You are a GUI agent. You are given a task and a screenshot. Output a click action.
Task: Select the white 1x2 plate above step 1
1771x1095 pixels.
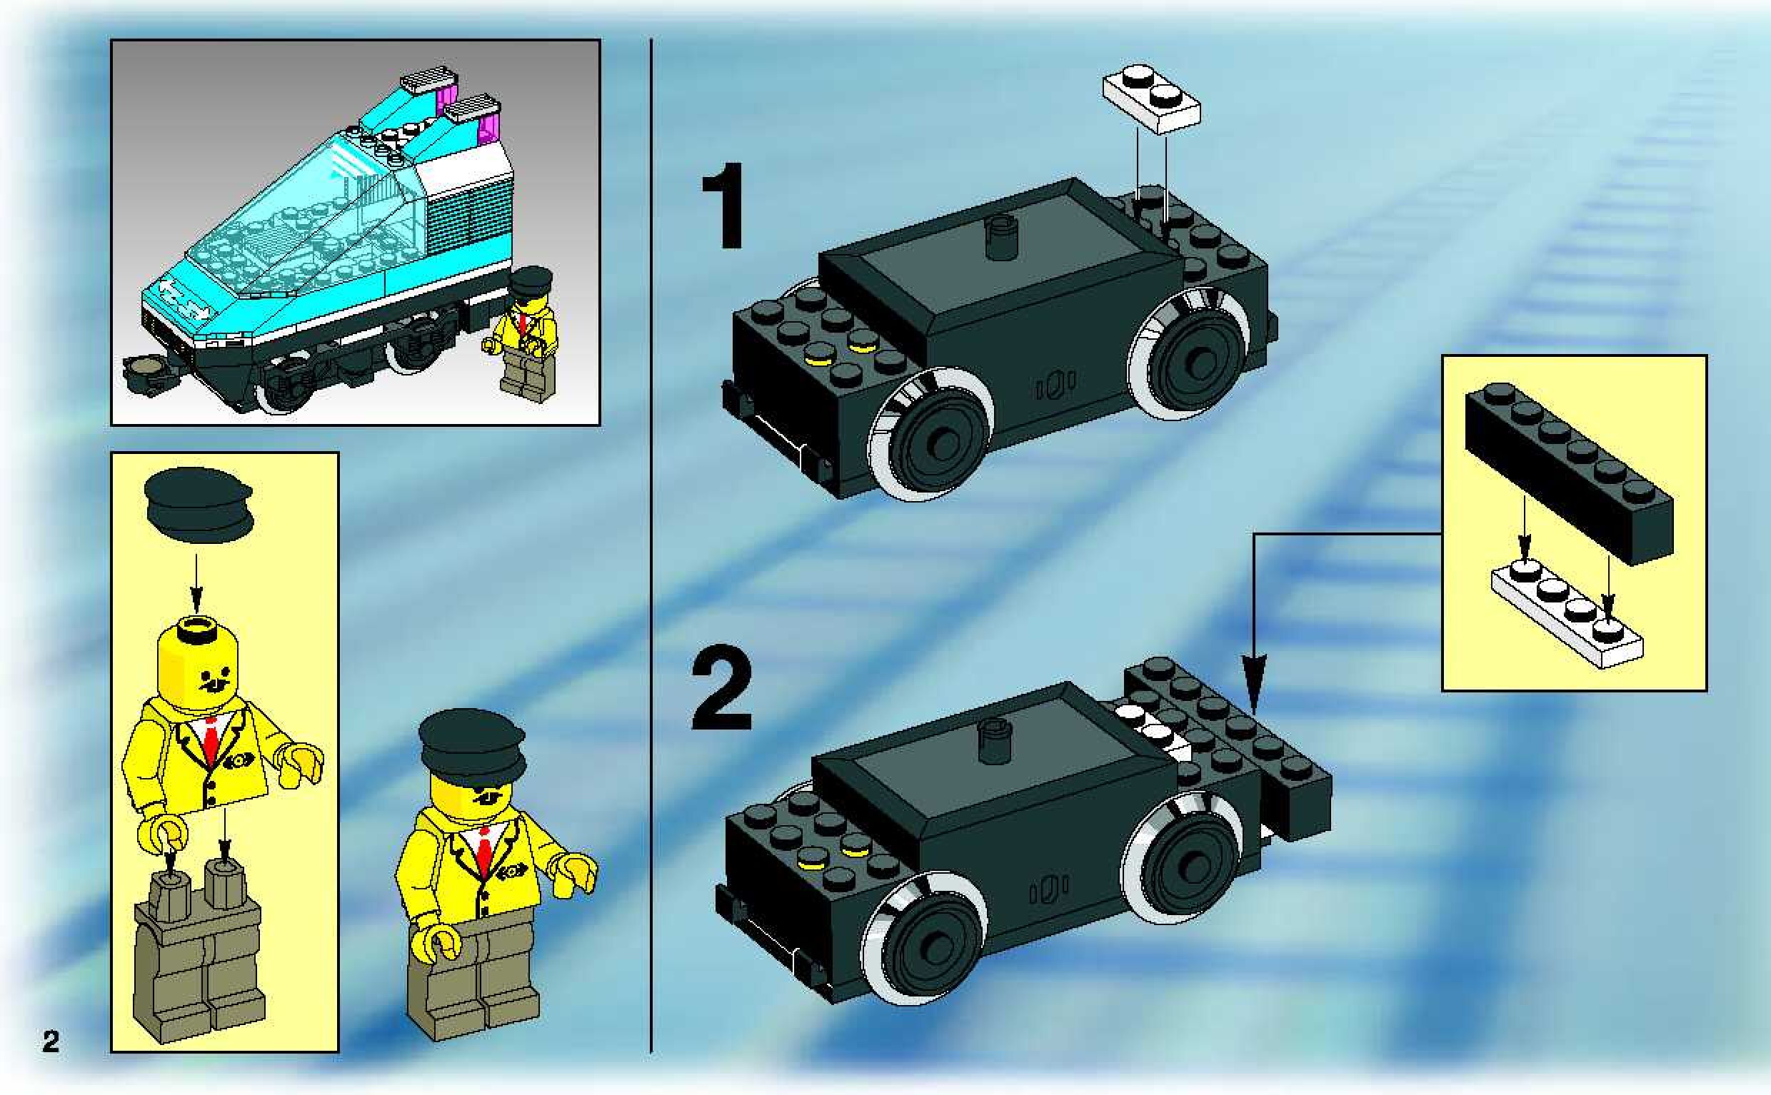[1151, 100]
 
